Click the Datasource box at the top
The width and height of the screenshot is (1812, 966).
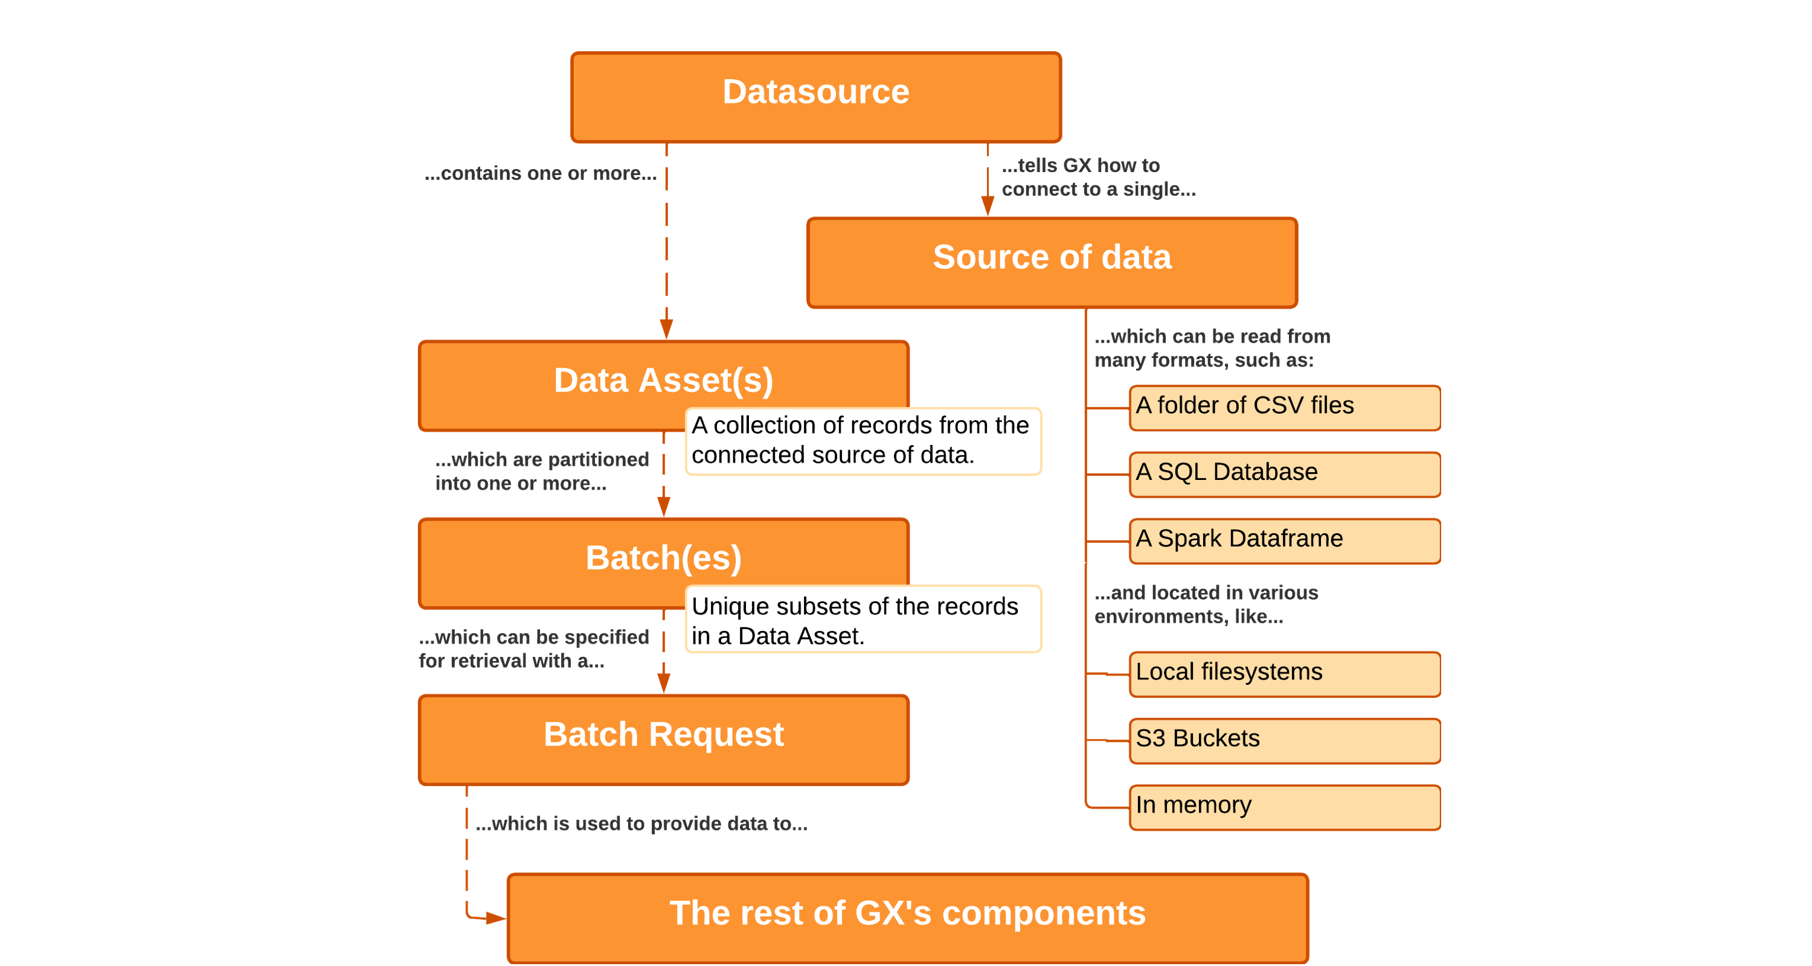815,97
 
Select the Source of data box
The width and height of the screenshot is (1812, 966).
1052,261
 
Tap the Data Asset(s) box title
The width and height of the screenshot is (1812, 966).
663,380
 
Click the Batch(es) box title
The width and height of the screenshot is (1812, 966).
663,557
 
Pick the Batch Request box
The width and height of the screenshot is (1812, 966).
663,739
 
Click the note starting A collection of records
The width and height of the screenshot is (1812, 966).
863,441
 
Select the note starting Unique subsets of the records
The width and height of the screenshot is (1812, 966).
863,619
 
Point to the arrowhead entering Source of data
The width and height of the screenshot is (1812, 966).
988,206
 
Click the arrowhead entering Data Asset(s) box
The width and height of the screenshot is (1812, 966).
666,329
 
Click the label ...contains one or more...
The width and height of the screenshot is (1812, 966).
540,174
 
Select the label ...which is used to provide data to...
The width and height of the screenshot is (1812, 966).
641,824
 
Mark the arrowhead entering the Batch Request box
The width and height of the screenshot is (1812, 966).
663,683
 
